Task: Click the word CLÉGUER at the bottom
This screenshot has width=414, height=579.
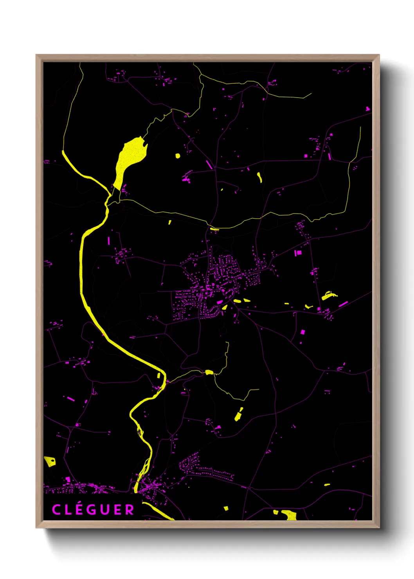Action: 93,509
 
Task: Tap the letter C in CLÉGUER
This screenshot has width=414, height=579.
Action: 56,509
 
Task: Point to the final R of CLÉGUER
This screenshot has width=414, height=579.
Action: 130,509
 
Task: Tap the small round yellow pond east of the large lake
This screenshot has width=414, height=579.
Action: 178,156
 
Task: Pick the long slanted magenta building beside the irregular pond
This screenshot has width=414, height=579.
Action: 343,304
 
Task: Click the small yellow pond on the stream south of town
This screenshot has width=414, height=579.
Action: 209,372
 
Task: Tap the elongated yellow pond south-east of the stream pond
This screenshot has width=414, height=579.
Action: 238,415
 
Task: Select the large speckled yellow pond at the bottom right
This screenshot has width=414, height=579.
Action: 290,515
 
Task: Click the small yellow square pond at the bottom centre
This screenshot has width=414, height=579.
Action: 226,508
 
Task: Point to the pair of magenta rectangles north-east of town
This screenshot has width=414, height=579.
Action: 298,253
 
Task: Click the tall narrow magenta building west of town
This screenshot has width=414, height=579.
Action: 109,241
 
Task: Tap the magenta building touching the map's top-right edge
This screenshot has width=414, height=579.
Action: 368,109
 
